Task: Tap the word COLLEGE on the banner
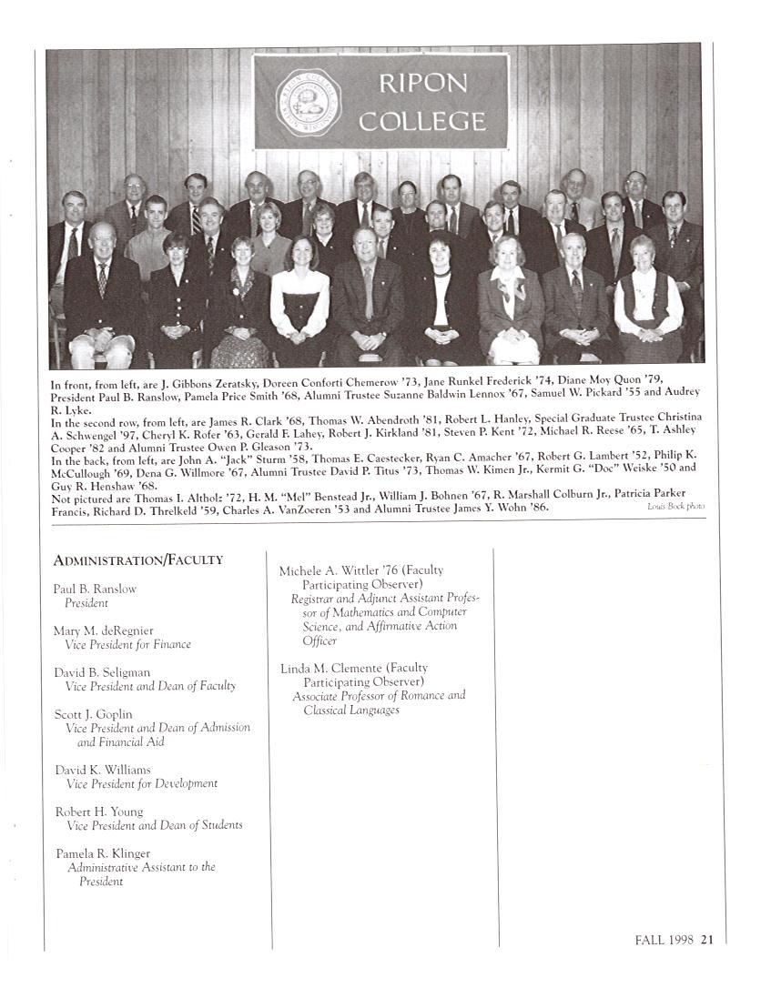pos(421,120)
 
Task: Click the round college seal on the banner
pos(309,102)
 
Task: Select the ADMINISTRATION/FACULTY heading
pos(137,560)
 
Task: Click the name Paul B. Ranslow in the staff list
pos(95,589)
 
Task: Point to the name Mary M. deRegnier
pos(103,630)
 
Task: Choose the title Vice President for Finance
pos(127,644)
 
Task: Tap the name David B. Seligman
pos(102,672)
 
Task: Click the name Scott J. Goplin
pos(93,714)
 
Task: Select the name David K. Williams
pos(103,770)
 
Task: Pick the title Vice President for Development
pos(142,783)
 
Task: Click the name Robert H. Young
pos(98,812)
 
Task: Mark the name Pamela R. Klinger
pos(102,853)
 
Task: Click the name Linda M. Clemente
pos(330,668)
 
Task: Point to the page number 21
pos(706,941)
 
